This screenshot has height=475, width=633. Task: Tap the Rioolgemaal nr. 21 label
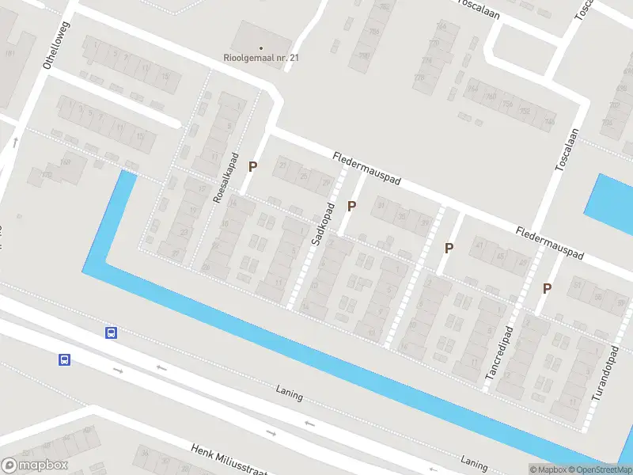pyautogui.click(x=261, y=58)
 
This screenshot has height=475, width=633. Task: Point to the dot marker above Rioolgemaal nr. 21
pyautogui.click(x=261, y=47)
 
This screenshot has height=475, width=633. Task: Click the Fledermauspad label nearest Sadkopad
pyautogui.click(x=367, y=169)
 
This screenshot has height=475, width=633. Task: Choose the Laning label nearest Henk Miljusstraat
pyautogui.click(x=290, y=393)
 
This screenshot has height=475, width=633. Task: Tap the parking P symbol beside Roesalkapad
pyautogui.click(x=253, y=166)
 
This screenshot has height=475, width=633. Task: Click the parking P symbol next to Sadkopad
pyautogui.click(x=352, y=207)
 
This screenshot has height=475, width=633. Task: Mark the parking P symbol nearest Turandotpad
pyautogui.click(x=547, y=288)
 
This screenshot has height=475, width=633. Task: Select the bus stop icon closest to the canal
pyautogui.click(x=112, y=333)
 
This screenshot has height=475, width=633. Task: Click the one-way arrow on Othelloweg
pyautogui.click(x=15, y=143)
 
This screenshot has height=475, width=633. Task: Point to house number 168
pyautogui.click(x=65, y=163)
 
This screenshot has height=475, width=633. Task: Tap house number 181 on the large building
pyautogui.click(x=9, y=54)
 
